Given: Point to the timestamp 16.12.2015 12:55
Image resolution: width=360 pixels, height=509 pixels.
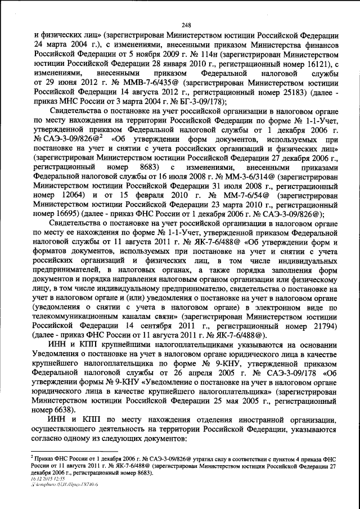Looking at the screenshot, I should [x=49, y=479].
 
